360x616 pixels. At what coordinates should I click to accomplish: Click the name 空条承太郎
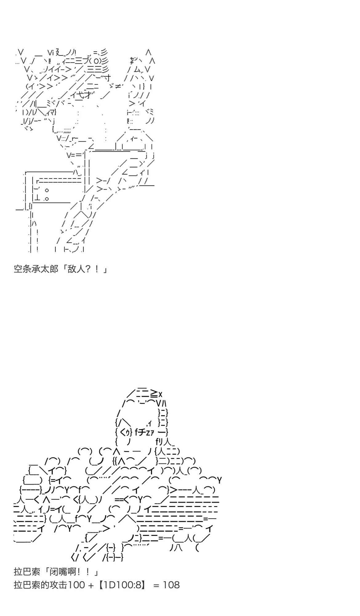coord(36,269)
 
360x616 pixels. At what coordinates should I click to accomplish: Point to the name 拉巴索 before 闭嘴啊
coord(27,572)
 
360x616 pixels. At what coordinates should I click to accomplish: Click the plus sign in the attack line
coord(91,585)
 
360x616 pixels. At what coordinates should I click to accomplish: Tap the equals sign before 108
coord(156,585)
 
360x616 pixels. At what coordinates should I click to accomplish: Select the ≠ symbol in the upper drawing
coord(118,86)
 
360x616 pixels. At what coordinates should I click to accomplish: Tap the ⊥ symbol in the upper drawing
coord(40,198)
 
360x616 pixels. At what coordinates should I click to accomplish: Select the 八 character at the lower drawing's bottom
coord(178,548)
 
